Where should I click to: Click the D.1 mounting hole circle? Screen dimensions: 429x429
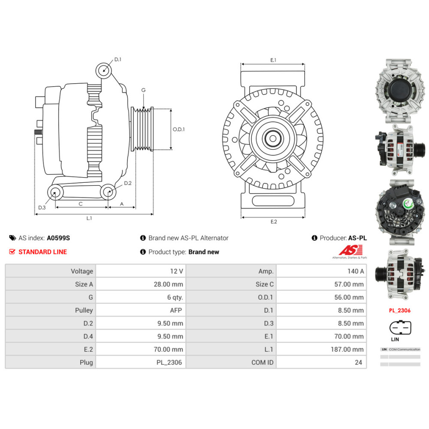pos(103,69)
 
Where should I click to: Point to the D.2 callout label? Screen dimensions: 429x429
pos(127,183)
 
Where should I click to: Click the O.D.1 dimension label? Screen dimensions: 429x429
pos(178,129)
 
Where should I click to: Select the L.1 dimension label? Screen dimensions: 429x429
pos(89,218)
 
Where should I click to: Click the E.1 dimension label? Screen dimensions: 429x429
pos(273,60)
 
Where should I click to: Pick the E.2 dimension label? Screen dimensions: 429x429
pos(273,222)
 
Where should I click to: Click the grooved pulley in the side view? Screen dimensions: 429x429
pos(142,129)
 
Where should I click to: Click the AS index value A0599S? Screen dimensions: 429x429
pos(58,238)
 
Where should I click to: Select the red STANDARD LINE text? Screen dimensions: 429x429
pos(42,252)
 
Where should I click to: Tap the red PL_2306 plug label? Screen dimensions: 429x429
pos(400,310)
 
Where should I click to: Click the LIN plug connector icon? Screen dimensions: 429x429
pos(400,328)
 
